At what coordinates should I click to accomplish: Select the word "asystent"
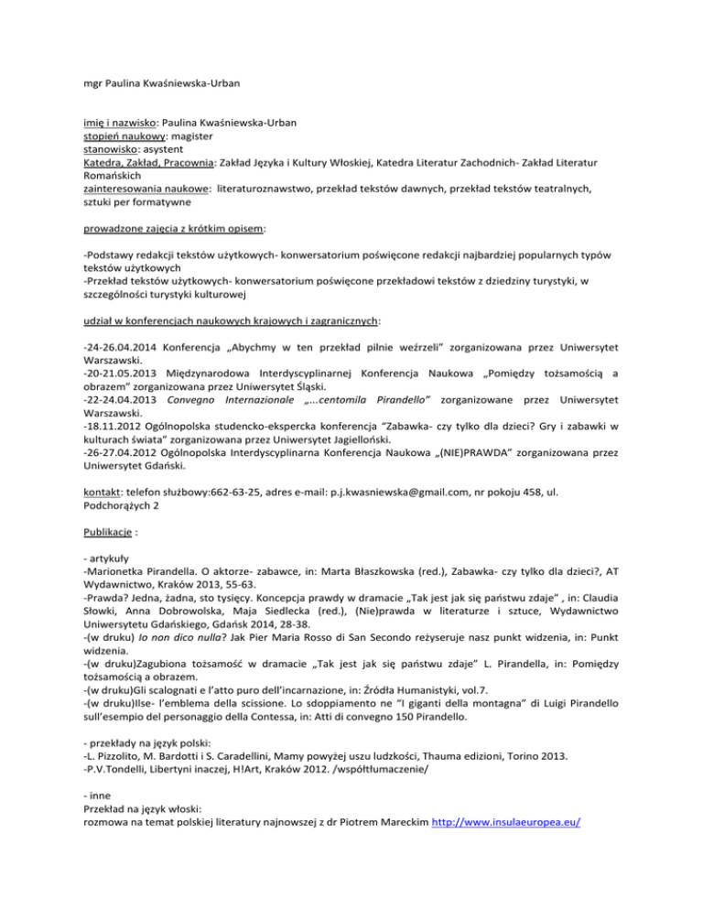[x=178, y=149]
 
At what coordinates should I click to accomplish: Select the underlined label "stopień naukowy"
[x=124, y=135]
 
